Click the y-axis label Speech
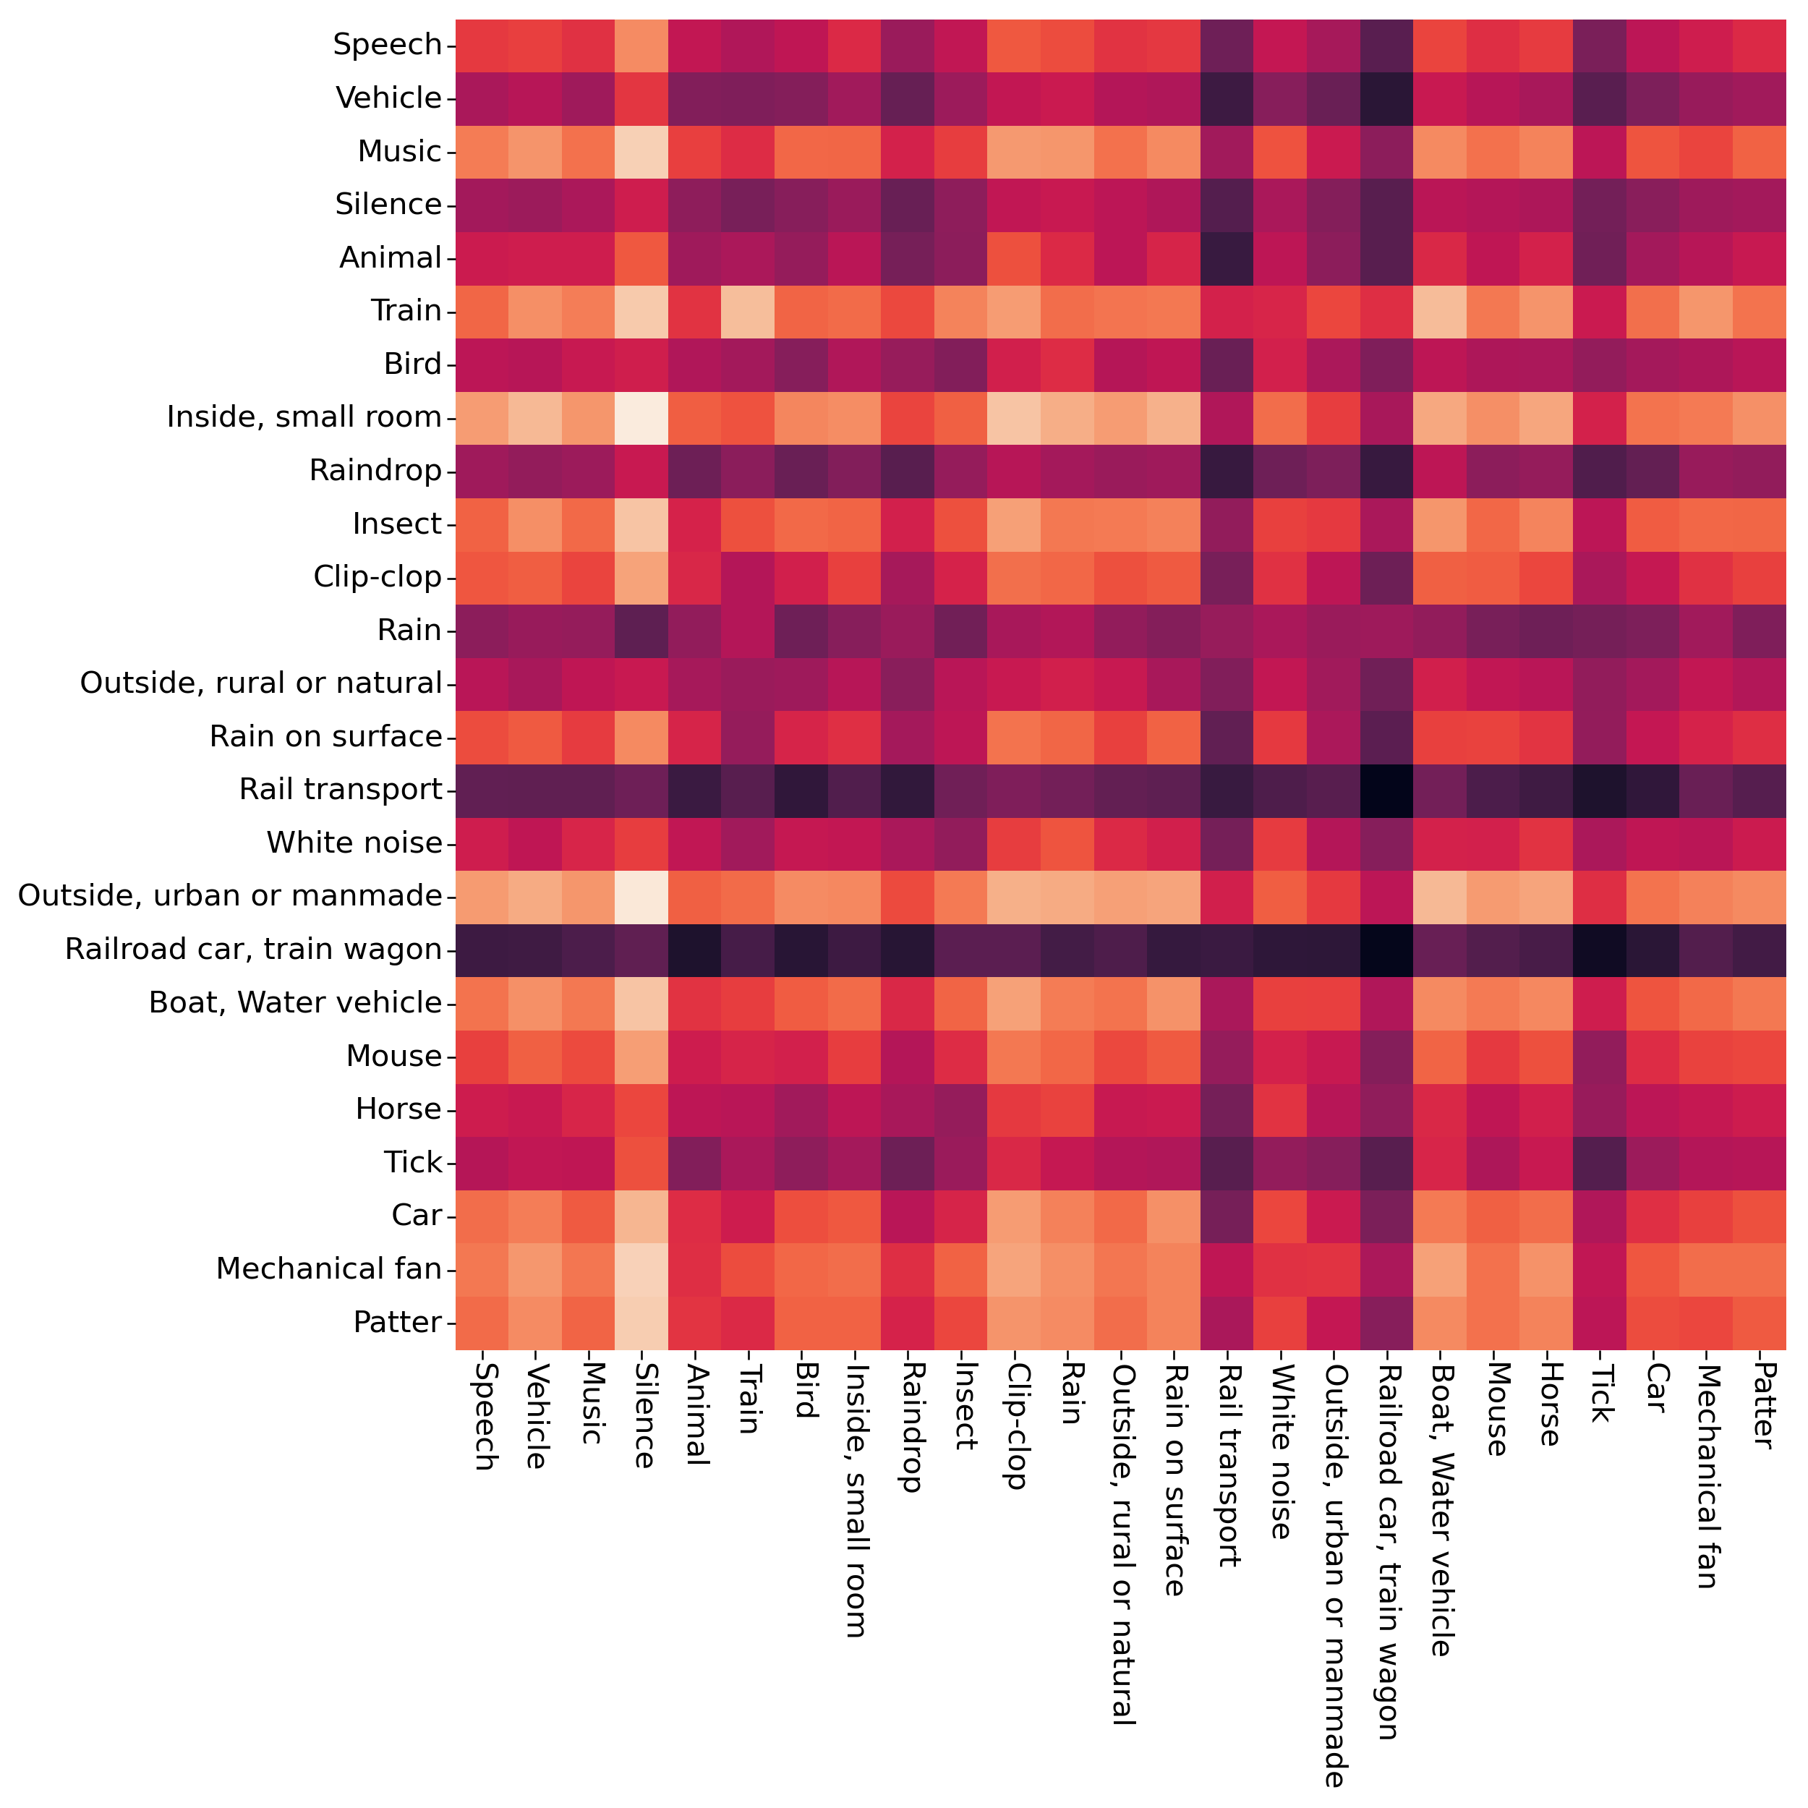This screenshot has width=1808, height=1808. [388, 45]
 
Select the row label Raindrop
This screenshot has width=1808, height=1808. [375, 471]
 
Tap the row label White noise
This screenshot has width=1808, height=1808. [354, 843]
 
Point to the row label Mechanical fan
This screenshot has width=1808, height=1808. [328, 1269]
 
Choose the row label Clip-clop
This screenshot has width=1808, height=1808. [377, 577]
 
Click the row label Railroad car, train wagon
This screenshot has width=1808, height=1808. [252, 950]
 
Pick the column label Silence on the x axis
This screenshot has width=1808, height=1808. [642, 1415]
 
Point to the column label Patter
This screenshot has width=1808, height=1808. [1760, 1404]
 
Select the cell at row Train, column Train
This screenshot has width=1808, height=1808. [748, 311]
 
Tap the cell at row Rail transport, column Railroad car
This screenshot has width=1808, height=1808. [1387, 790]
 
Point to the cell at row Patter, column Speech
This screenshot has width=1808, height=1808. [482, 1322]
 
